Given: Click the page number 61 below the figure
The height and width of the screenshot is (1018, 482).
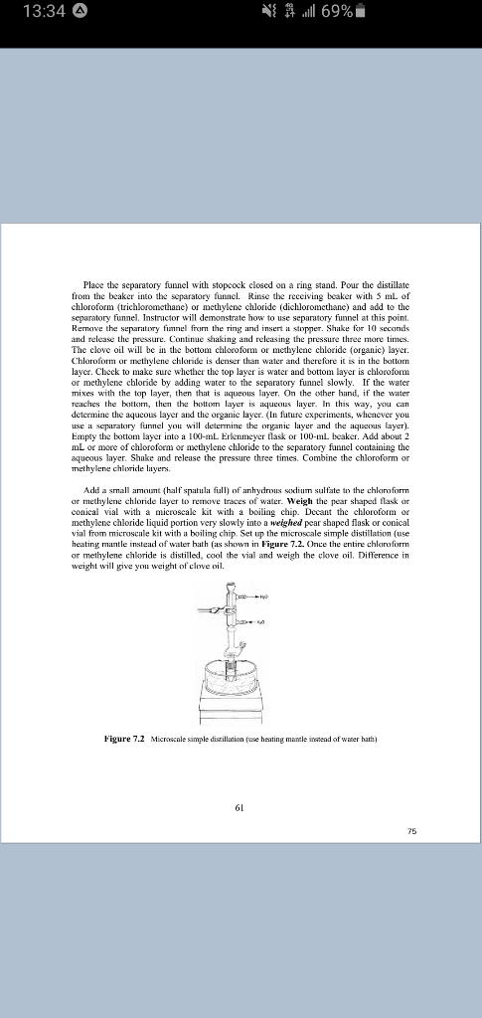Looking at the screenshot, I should coord(240,808).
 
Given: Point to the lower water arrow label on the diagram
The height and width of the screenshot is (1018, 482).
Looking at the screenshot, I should coord(257,619).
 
